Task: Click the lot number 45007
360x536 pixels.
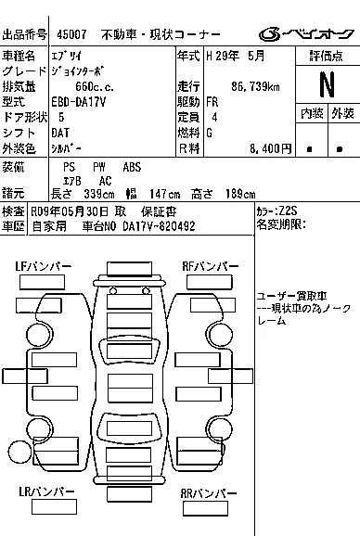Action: click(71, 34)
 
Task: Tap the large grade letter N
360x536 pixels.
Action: click(327, 84)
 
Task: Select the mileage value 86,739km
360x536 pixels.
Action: click(255, 86)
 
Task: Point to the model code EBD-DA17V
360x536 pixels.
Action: click(79, 102)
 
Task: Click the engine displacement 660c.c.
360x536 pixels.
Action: click(95, 86)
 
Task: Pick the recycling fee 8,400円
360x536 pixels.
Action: click(270, 148)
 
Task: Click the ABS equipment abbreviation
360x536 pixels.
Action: click(132, 167)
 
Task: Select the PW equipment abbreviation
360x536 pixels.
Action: click(99, 167)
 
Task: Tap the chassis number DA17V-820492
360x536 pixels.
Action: click(159, 226)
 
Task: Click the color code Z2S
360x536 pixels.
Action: click(288, 211)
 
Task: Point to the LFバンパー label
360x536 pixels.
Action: click(43, 267)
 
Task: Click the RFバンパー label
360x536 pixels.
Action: click(211, 266)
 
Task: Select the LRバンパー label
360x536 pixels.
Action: click(46, 491)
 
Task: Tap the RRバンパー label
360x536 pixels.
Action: click(209, 493)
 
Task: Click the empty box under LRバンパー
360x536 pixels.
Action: click(54, 507)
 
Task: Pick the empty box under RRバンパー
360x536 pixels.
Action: click(205, 508)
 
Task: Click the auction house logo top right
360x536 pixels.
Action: click(306, 34)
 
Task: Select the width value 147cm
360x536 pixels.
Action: click(165, 194)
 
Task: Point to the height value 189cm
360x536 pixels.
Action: click(240, 194)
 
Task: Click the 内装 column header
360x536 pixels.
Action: click(312, 113)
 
